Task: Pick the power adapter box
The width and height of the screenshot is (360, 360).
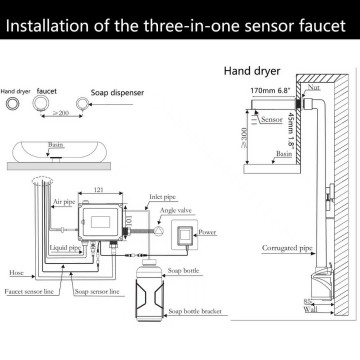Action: coord(210,236)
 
